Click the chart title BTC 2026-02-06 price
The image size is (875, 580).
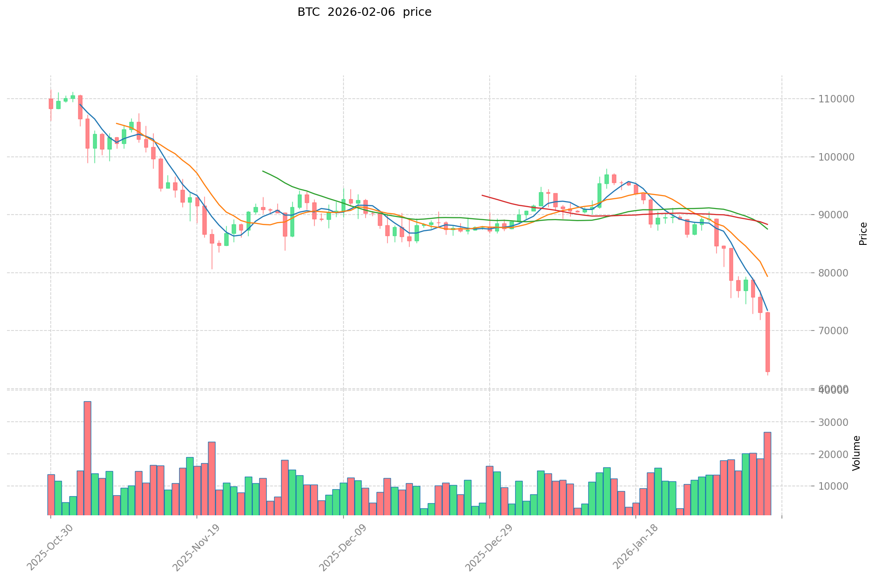(x=364, y=12)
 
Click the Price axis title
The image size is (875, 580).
(x=863, y=233)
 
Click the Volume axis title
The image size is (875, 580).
(x=856, y=453)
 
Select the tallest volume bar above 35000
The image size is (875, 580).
(x=87, y=458)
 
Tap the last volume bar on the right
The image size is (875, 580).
(x=767, y=473)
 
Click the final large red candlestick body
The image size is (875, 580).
(x=767, y=342)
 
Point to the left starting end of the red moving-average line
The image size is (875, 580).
(x=482, y=195)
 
